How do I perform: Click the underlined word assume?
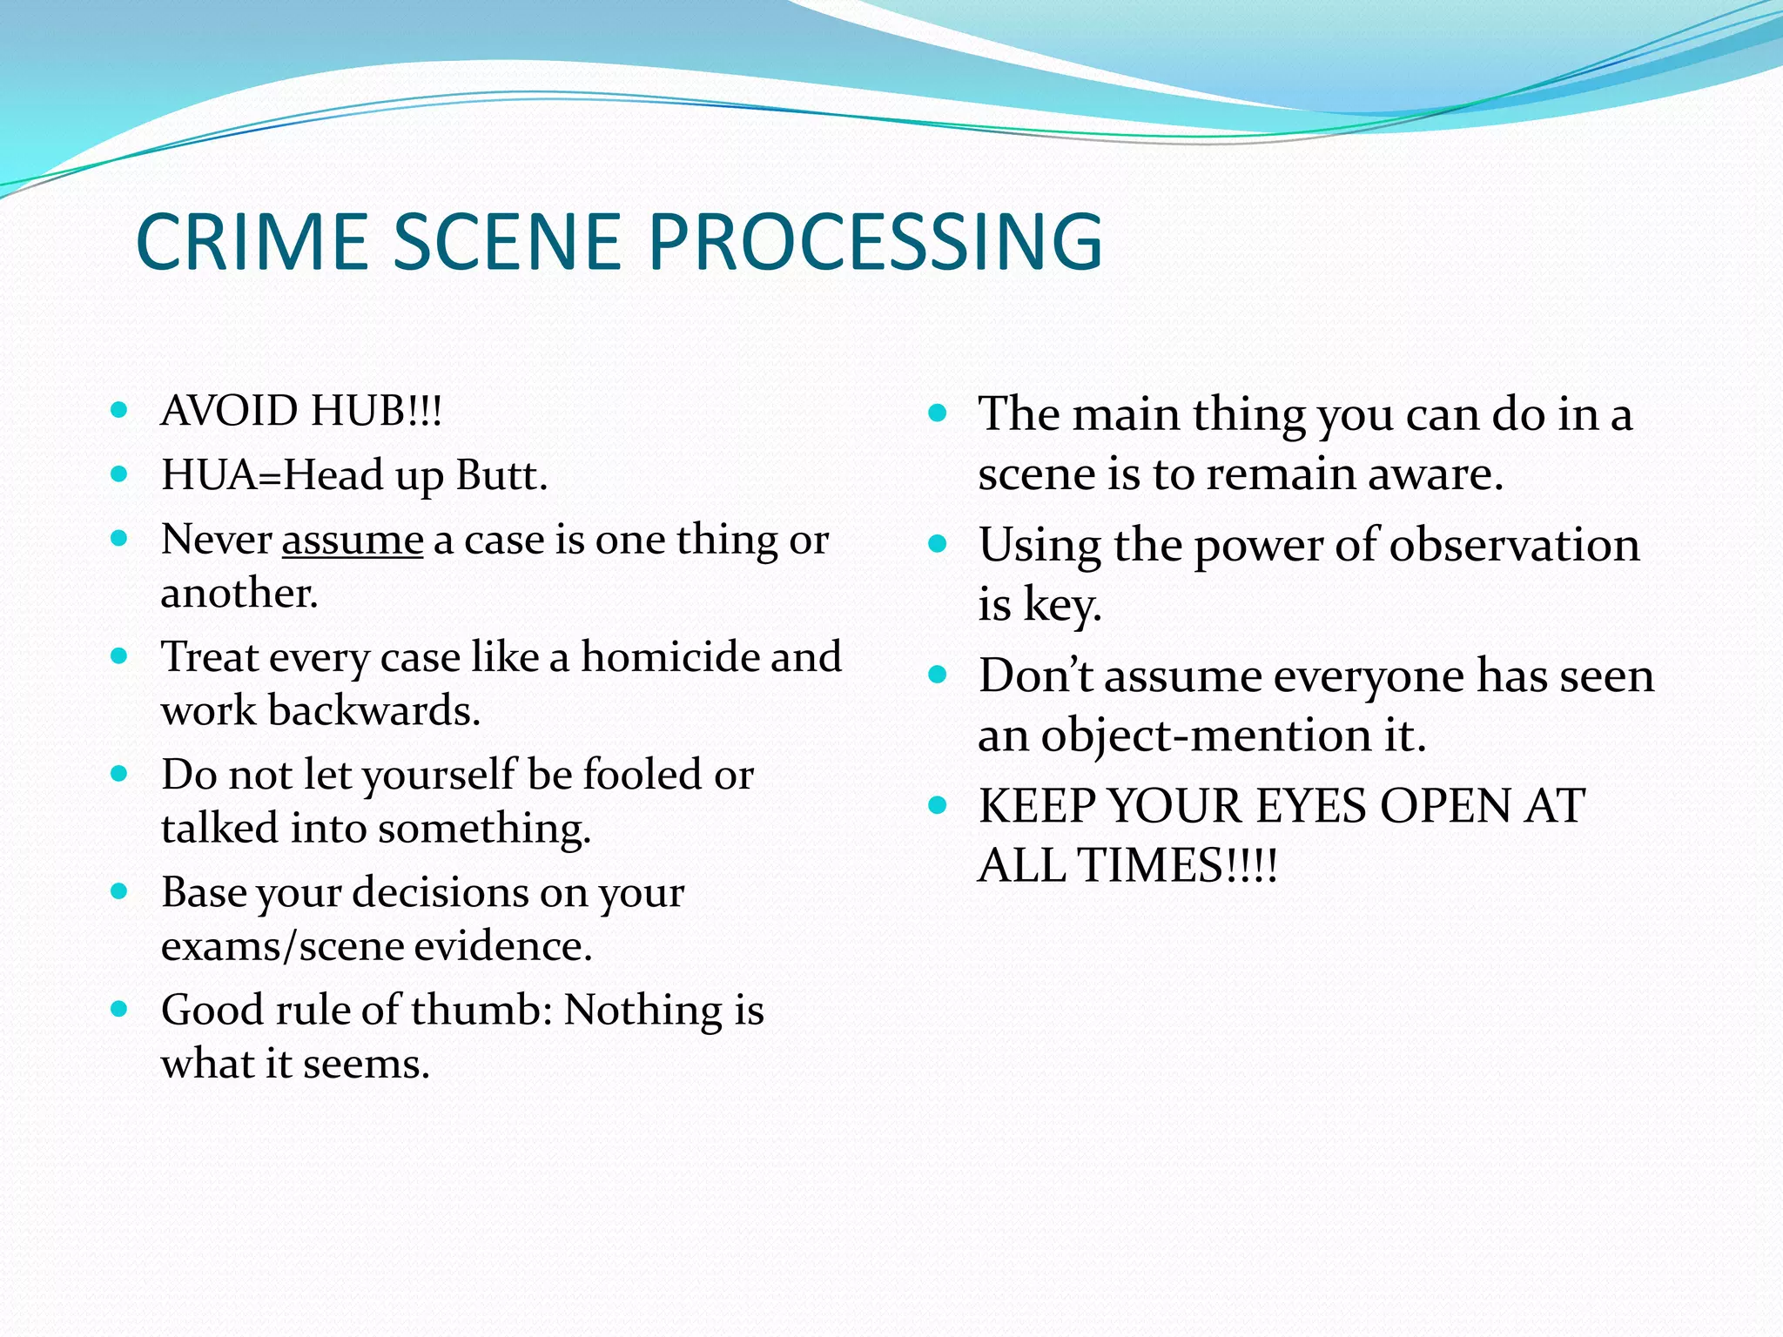[353, 541]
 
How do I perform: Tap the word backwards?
[373, 710]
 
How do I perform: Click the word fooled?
[643, 775]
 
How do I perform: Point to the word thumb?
[481, 1011]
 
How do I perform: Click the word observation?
[1514, 547]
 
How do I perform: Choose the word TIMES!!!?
[1177, 866]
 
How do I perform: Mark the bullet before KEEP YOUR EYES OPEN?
[937, 805]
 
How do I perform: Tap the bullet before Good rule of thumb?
[120, 1010]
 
